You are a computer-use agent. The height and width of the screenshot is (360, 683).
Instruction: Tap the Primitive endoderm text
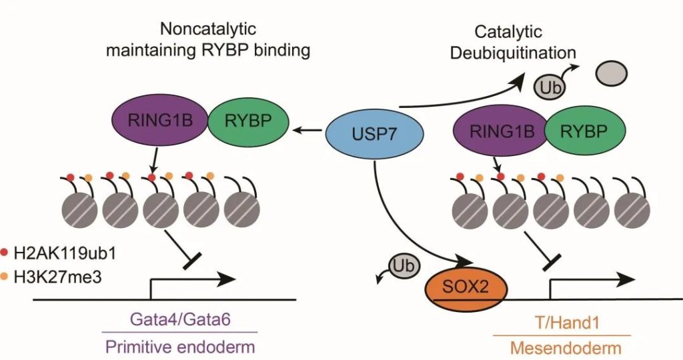click(179, 347)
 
